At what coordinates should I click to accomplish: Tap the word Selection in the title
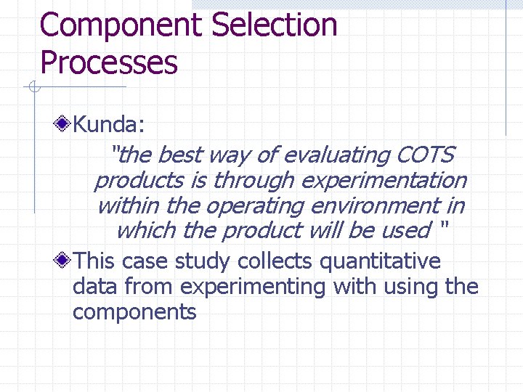pos(275,25)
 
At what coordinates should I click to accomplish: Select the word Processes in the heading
pos(109,62)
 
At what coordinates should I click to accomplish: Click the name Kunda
pos(109,125)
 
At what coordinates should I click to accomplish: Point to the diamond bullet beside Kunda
pos(64,124)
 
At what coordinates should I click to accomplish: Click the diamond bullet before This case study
pos(64,259)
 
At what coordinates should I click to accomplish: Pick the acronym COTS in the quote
pos(426,155)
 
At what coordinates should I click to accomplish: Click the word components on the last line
pos(134,312)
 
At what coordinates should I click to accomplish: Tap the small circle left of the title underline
pos(33,88)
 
